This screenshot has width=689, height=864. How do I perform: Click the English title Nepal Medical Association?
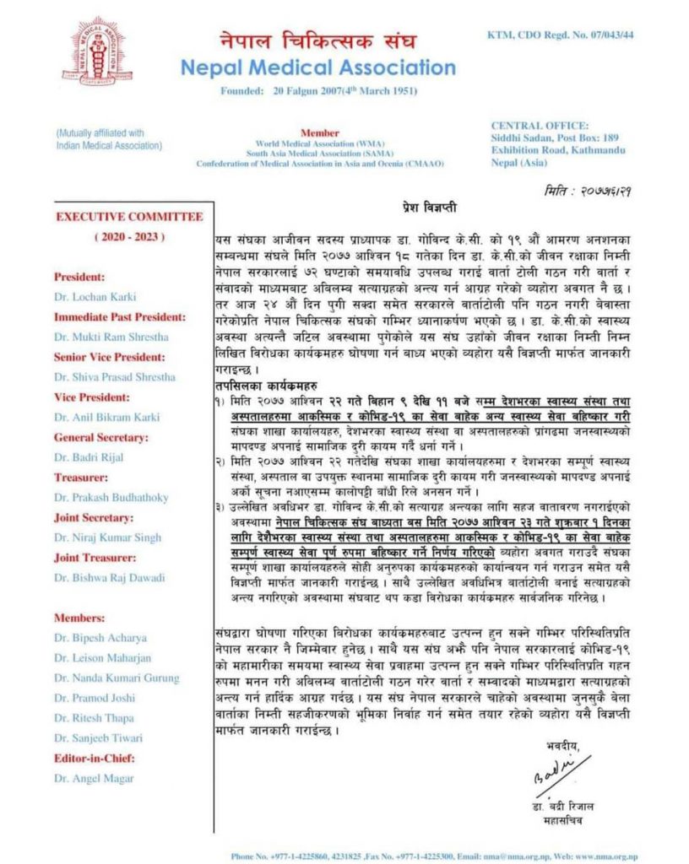pos(318,67)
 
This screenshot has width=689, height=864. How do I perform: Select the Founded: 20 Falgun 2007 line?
pos(318,90)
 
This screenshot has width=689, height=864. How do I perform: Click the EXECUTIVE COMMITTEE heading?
pos(129,217)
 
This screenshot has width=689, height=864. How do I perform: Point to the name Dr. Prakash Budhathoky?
pos(111,498)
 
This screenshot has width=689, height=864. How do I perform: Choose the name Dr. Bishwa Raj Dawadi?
pos(108,578)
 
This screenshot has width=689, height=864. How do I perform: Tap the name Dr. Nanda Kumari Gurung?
pos(117,678)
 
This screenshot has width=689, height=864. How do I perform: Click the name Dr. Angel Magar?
pos(93,778)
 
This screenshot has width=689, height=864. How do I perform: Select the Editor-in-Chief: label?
pos(94,758)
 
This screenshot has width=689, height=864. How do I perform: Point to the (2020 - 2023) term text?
pos(130,237)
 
